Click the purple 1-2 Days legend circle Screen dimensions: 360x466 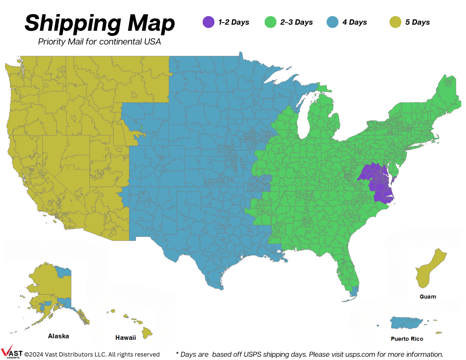(208, 22)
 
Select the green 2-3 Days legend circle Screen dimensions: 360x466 (271, 22)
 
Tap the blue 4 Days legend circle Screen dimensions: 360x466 (332, 22)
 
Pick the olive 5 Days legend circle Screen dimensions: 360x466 (395, 22)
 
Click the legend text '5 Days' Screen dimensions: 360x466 (417, 22)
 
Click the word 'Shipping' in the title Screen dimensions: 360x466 (73, 23)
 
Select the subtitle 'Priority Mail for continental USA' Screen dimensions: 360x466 (99, 42)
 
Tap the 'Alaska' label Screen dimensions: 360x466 (58, 336)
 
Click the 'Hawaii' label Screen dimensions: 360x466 (126, 338)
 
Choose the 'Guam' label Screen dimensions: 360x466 (428, 297)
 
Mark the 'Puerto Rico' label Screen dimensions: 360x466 (407, 339)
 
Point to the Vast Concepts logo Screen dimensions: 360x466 (11, 352)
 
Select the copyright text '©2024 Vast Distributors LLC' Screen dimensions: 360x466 (65, 354)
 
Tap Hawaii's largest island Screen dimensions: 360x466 (147, 333)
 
